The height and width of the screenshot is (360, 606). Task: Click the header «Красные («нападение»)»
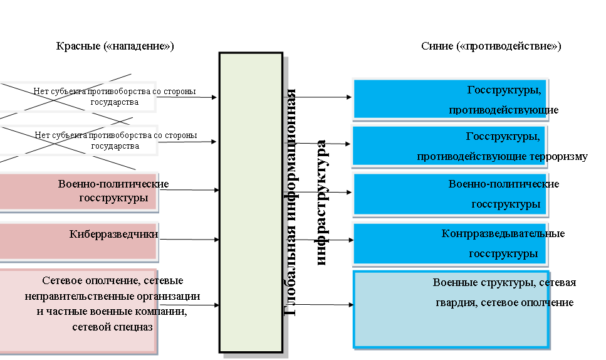[x=115, y=46]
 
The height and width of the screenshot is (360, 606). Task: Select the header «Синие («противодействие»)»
[x=491, y=46]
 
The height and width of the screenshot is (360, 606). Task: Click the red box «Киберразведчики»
[x=78, y=241]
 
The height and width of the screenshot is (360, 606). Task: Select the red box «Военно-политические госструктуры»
[x=78, y=191]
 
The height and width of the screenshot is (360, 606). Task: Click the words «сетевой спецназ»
[x=113, y=327]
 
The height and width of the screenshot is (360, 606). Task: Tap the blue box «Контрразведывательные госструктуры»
[x=450, y=243]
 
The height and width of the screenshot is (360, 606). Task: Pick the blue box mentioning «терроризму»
[x=450, y=145]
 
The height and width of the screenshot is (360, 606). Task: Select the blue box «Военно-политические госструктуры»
[x=450, y=194]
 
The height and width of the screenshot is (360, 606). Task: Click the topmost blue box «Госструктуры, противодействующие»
[x=450, y=98]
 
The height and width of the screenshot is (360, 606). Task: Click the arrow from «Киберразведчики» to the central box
[x=188, y=239]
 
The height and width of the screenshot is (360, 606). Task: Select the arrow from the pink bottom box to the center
[x=188, y=305]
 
